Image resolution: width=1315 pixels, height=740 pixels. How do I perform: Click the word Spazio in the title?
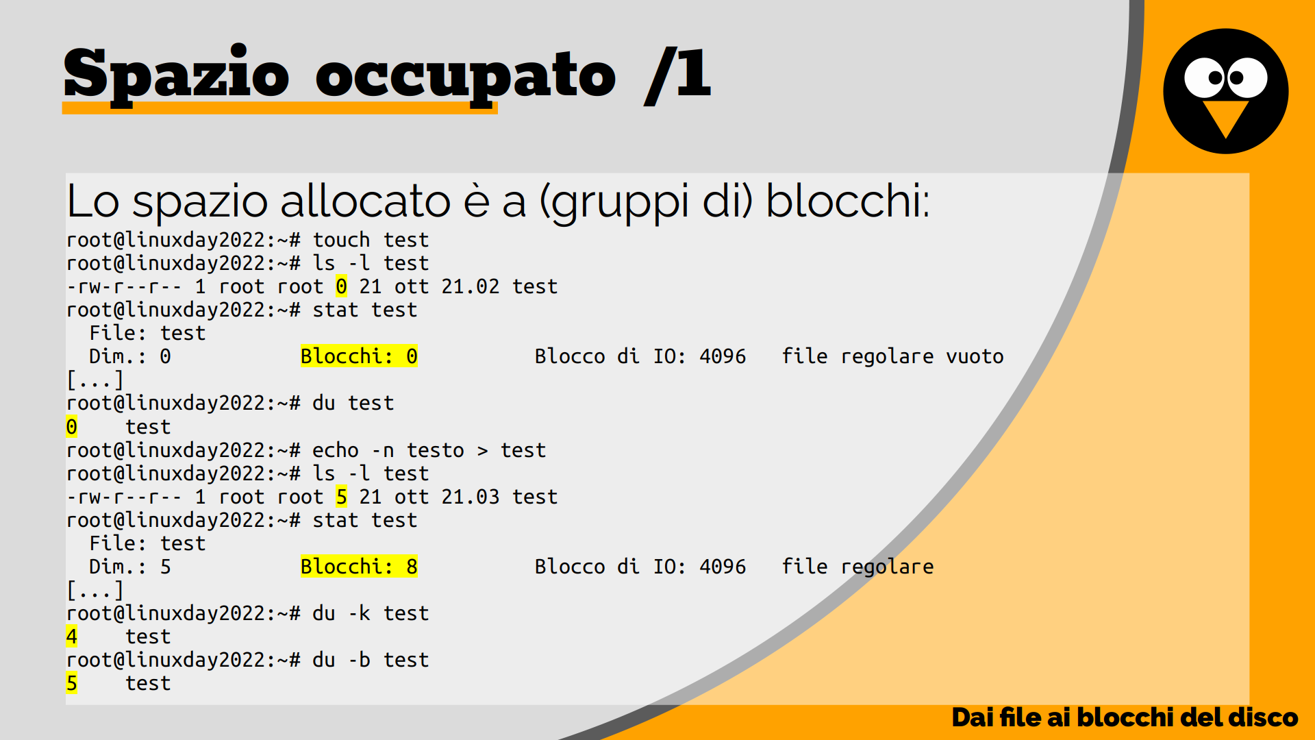[177, 74]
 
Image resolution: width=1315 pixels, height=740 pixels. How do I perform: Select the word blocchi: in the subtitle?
[848, 201]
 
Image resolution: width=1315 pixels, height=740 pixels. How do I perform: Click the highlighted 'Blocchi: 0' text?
[359, 356]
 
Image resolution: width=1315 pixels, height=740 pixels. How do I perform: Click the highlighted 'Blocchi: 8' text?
[359, 567]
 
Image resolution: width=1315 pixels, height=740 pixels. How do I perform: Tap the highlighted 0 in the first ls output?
[342, 286]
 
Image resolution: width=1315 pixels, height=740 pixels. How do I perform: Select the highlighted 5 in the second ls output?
[342, 497]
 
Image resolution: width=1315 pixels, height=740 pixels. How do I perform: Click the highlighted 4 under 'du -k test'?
[71, 637]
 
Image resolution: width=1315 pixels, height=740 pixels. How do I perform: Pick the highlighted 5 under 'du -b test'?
[71, 683]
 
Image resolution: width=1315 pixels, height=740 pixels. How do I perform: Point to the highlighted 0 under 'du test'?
[71, 427]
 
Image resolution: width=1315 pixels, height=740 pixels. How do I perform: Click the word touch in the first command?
[341, 240]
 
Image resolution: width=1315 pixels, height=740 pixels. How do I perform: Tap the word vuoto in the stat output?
[975, 356]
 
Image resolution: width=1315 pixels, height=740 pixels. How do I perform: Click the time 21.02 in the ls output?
[471, 286]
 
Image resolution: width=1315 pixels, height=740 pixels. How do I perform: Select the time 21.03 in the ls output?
[471, 497]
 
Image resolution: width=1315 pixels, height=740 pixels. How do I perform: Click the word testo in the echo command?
[436, 450]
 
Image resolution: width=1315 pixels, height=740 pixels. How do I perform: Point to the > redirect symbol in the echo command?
[483, 451]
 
